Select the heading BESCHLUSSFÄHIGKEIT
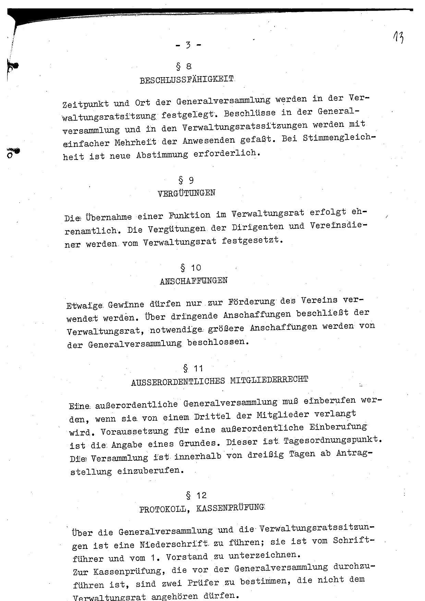(x=187, y=81)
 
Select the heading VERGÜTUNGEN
(x=186, y=193)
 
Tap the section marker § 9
(x=185, y=180)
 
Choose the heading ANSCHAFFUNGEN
(x=193, y=281)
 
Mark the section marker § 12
(x=196, y=495)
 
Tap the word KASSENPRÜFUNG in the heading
(x=230, y=508)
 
